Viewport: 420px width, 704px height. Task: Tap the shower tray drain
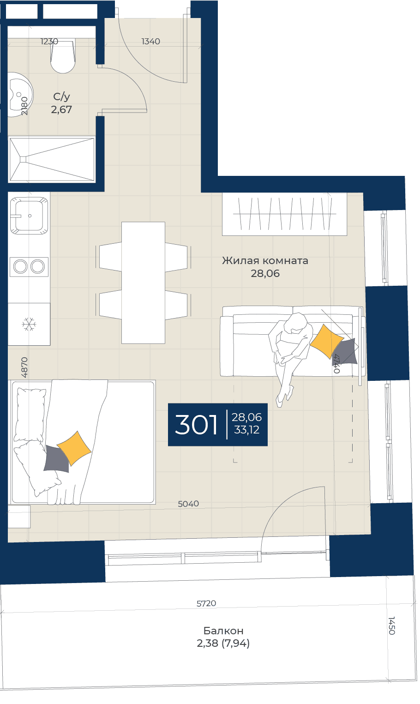[x=23, y=159]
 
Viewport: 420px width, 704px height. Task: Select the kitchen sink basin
[x=29, y=216]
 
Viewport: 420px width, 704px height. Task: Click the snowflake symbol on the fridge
[x=29, y=324]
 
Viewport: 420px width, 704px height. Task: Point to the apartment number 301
[x=196, y=425]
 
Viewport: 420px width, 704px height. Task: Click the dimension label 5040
[x=188, y=504]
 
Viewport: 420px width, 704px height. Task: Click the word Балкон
[x=223, y=631]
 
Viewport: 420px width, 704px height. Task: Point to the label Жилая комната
[x=265, y=260]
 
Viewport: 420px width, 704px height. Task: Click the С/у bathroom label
[x=61, y=96]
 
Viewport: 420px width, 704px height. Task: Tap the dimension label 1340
[x=150, y=42]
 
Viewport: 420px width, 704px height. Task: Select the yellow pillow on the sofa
[x=326, y=342]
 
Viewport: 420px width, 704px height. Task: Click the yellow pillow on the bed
[x=74, y=448]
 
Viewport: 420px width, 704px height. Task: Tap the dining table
[x=143, y=283]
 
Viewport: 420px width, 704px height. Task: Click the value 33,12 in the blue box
[x=246, y=430]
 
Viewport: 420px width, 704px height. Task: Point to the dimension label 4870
[x=24, y=367]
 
